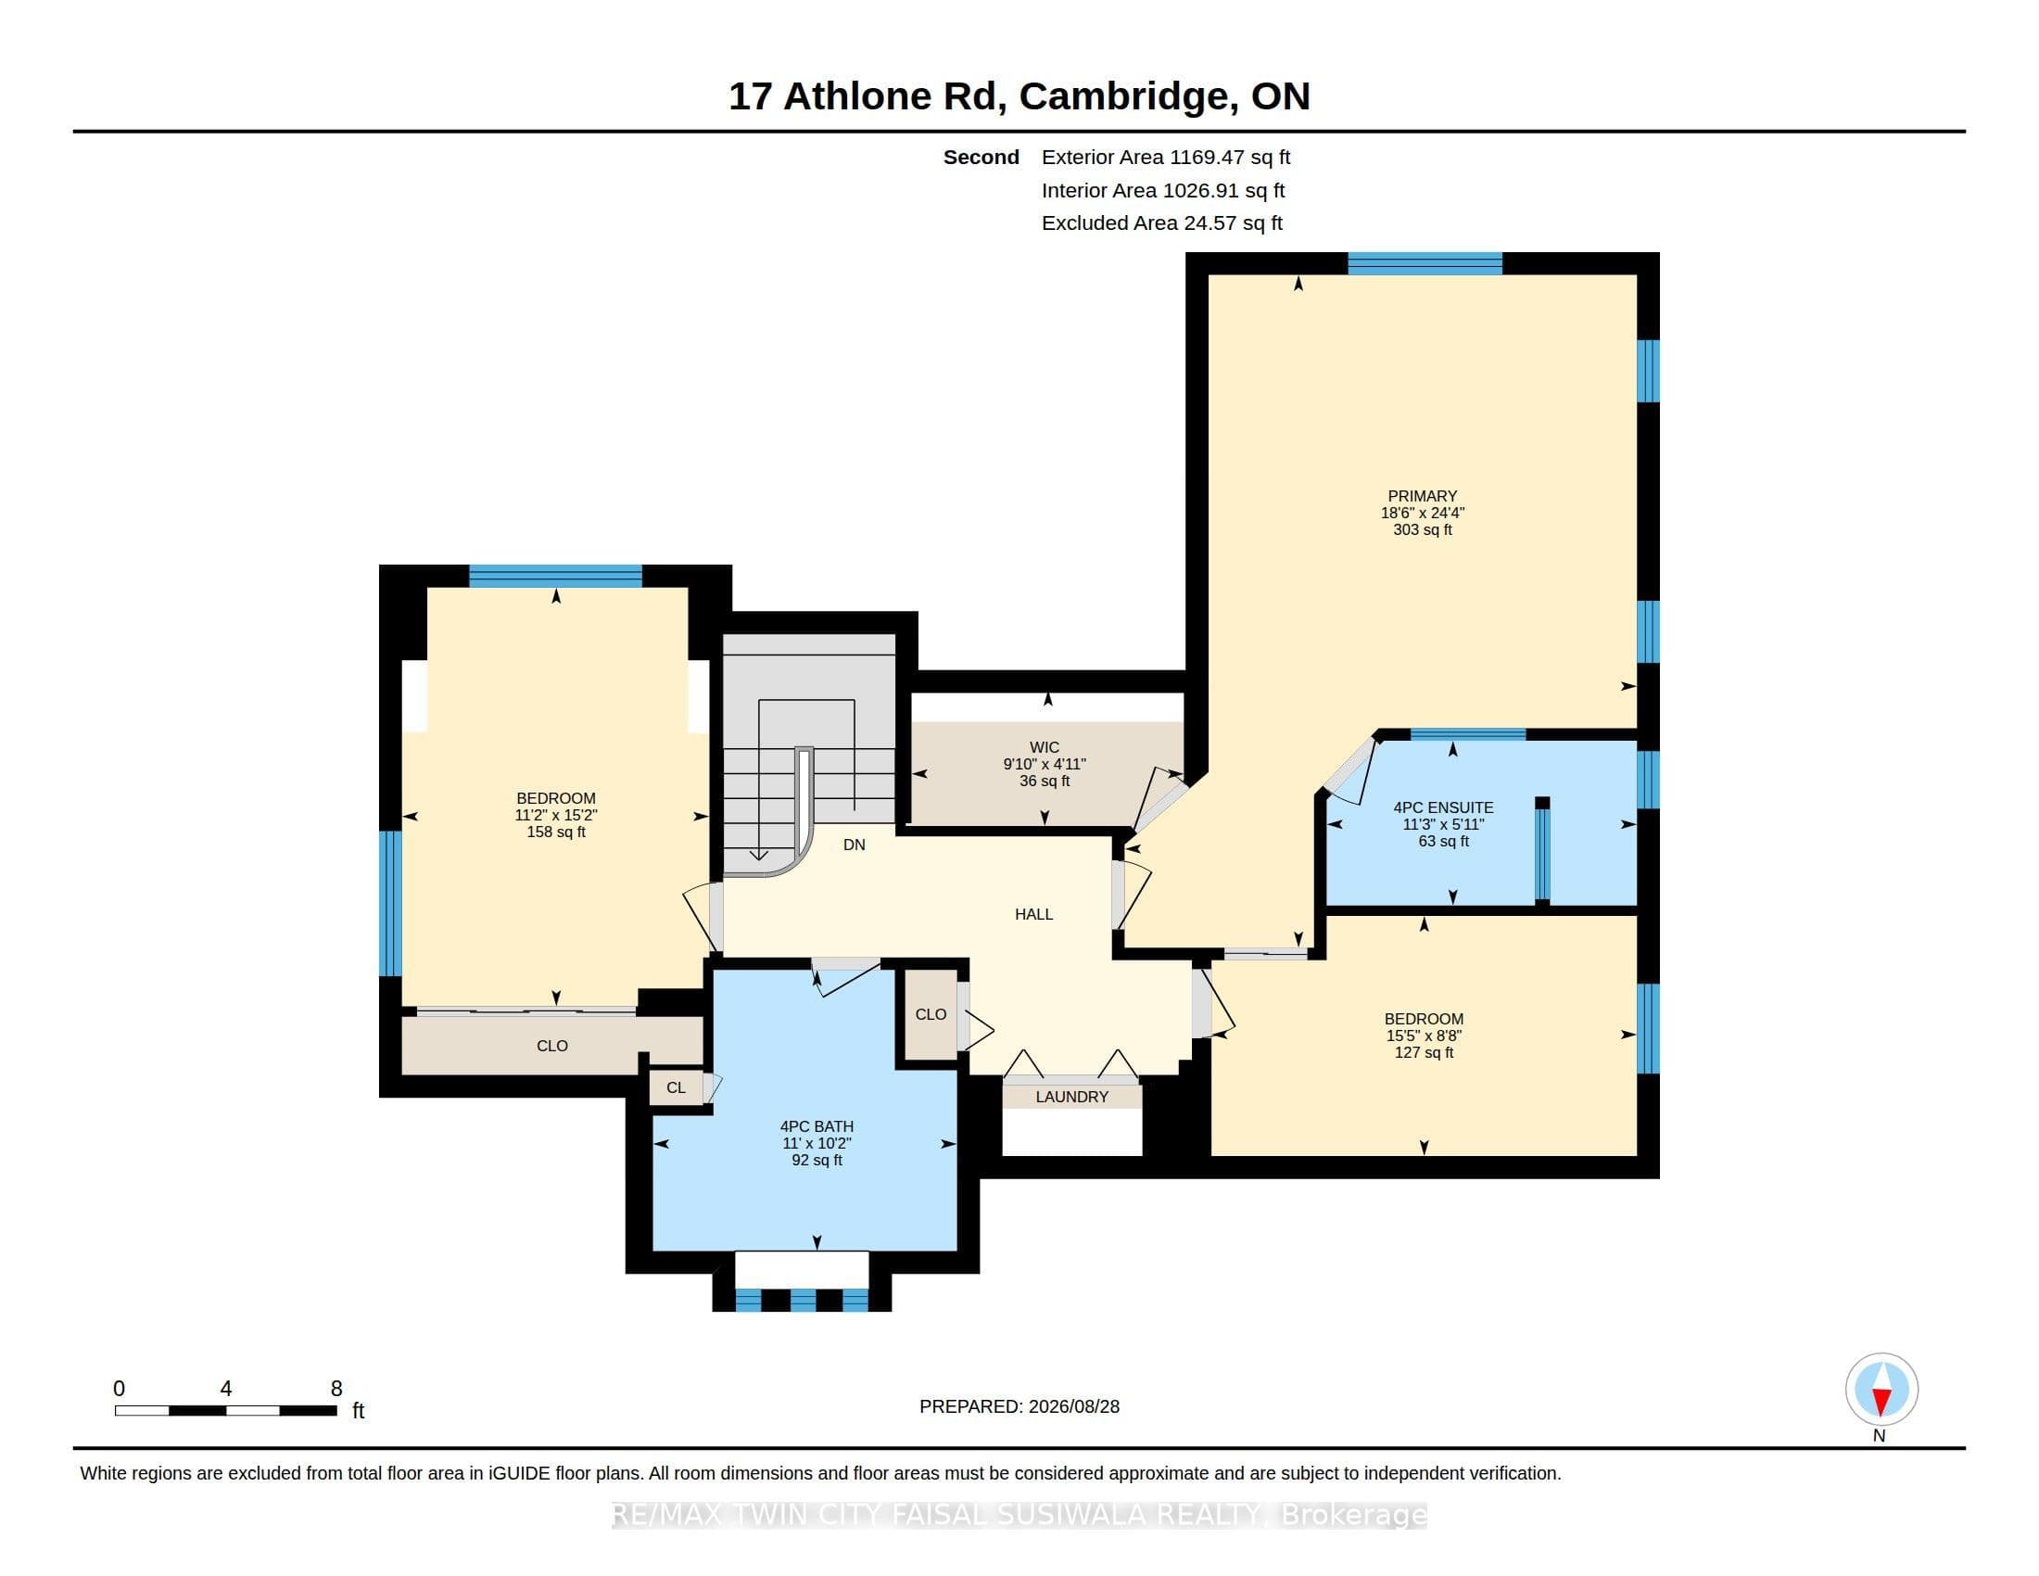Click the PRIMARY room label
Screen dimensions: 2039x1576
[x=1422, y=496]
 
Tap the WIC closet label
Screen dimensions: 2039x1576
[x=1044, y=747]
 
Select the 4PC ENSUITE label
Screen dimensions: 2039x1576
[x=1443, y=807]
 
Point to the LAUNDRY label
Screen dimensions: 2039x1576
[x=1071, y=1097]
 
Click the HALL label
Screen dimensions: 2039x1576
[x=1033, y=914]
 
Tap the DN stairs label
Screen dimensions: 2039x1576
[x=855, y=845]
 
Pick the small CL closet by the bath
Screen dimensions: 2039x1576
[x=676, y=1087]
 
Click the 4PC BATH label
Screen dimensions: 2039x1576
[x=817, y=1127]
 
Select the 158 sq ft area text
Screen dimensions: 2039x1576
[x=556, y=832]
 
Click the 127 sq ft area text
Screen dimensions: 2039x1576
[x=1424, y=1052]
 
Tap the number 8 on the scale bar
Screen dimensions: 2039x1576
[x=336, y=1389]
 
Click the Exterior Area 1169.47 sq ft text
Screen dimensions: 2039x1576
[x=1166, y=158]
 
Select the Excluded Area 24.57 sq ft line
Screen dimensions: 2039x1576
[x=1162, y=223]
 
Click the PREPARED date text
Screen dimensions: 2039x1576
[x=1019, y=1406]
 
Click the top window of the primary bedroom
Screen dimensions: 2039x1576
[x=1425, y=263]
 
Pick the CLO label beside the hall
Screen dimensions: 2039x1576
[x=931, y=1014]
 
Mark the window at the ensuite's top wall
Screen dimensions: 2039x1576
[x=1468, y=734]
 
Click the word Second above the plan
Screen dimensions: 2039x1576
[x=982, y=158]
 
